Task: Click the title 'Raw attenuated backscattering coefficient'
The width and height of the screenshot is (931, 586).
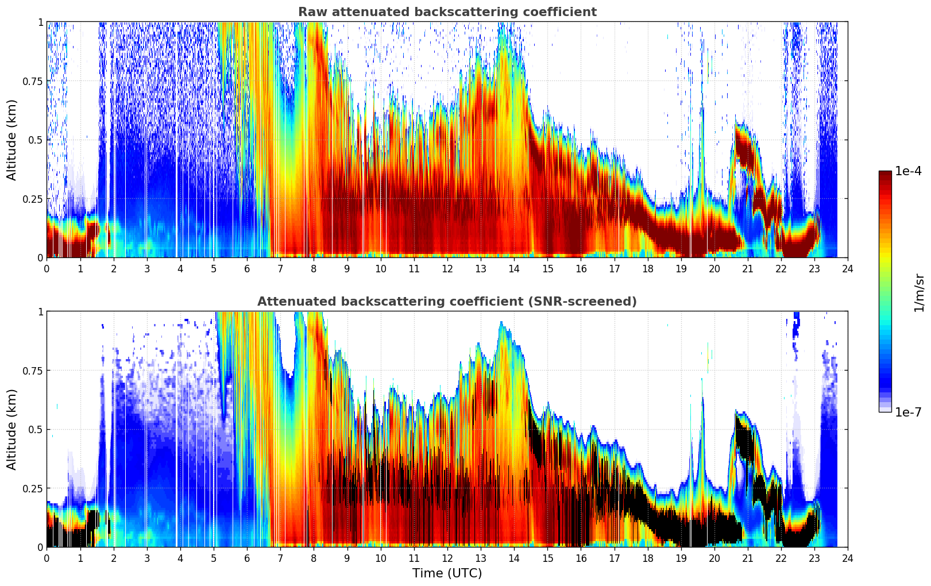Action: click(x=447, y=12)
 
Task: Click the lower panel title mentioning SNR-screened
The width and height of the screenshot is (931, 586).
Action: click(x=447, y=302)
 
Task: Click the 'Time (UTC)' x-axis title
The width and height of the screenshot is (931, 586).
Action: click(x=447, y=573)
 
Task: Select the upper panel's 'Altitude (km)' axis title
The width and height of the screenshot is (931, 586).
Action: click(x=12, y=140)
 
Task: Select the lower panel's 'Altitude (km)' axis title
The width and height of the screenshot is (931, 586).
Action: click(x=12, y=429)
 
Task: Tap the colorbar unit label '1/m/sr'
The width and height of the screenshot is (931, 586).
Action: click(x=919, y=292)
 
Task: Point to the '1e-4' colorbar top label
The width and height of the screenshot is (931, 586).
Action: click(x=908, y=171)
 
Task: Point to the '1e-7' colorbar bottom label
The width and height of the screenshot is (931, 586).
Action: click(x=908, y=412)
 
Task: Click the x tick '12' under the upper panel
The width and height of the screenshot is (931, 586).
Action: click(x=447, y=269)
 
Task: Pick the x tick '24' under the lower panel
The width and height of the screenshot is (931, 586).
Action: click(x=848, y=558)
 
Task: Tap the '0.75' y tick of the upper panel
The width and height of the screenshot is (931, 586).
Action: click(x=33, y=81)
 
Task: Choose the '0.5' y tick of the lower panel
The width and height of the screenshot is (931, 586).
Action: click(x=36, y=429)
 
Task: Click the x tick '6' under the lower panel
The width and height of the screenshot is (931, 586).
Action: click(x=247, y=558)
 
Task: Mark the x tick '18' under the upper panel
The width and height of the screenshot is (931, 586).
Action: click(x=648, y=269)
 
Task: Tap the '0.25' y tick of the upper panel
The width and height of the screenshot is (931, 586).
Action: click(x=33, y=199)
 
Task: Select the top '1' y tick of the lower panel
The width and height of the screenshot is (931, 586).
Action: click(x=40, y=311)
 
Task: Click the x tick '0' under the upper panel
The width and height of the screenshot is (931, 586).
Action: click(x=47, y=269)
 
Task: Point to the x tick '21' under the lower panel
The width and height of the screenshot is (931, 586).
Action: click(x=748, y=558)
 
